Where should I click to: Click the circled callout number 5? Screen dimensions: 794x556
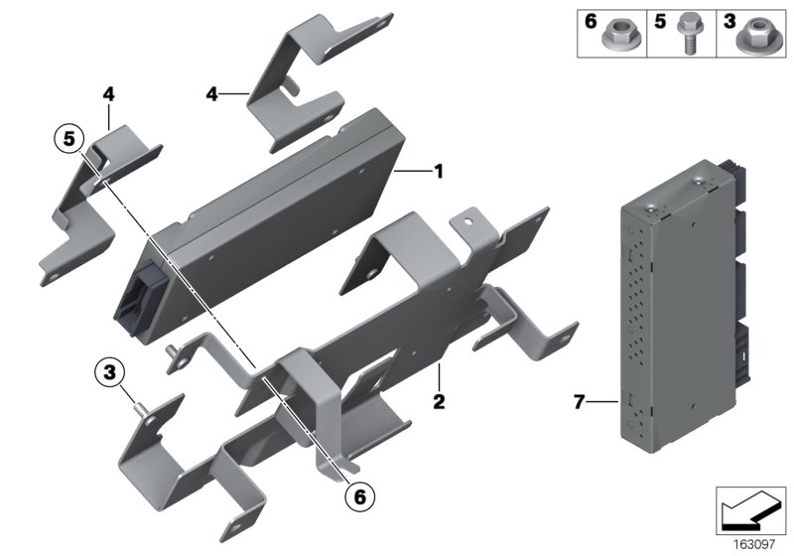click(68, 138)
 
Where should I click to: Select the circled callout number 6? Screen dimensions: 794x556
click(359, 496)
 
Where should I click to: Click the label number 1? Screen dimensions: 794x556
click(439, 172)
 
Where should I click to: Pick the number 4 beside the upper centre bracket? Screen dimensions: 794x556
click(211, 93)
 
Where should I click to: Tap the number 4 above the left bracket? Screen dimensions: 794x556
click(108, 93)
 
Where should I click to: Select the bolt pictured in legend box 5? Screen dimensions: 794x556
click(686, 34)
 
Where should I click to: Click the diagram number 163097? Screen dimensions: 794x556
click(754, 545)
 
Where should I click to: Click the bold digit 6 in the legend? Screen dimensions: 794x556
click(591, 22)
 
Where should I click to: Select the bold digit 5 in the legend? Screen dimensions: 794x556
click(660, 22)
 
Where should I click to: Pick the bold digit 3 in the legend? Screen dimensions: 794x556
click(729, 22)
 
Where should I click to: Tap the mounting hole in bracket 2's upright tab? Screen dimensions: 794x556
click(468, 220)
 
